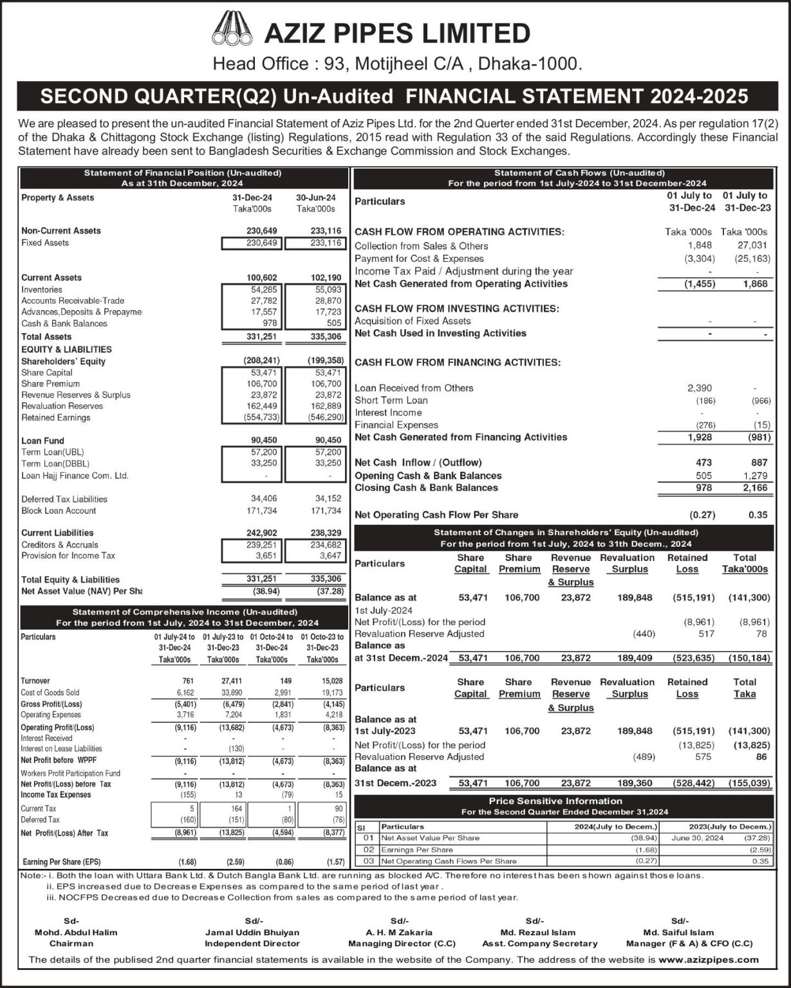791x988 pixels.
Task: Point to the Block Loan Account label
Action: tap(59, 511)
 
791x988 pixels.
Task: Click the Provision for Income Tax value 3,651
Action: tap(265, 556)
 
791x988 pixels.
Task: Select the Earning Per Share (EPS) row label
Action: tap(62, 862)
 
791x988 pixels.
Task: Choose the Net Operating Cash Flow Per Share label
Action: tap(436, 515)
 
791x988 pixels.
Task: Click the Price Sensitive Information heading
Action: tap(555, 801)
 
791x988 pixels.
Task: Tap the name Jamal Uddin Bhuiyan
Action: tap(252, 932)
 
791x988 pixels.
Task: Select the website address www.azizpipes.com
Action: tap(709, 959)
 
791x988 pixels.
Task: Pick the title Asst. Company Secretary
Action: tap(539, 944)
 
